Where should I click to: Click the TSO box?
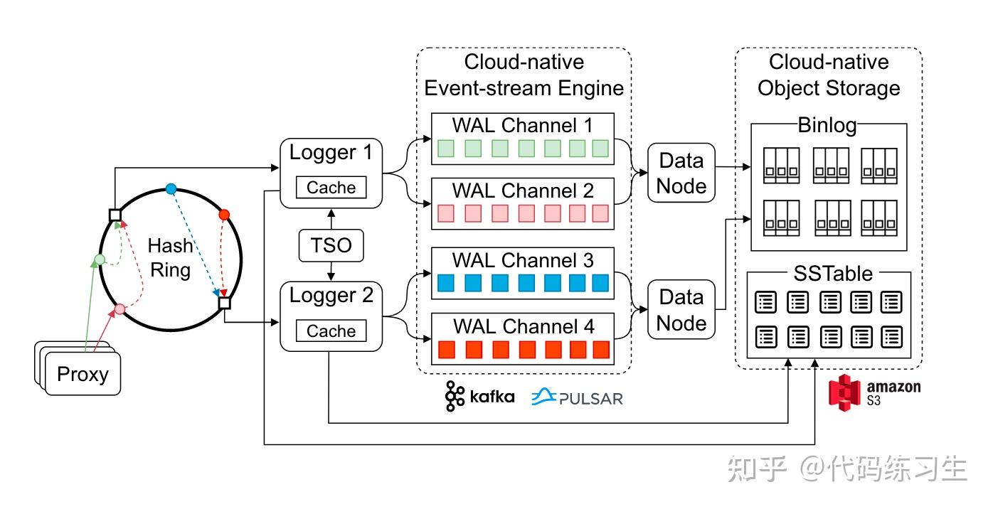tap(331, 246)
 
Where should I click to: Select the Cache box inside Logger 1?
tap(331, 188)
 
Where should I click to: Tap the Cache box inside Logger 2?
tap(331, 331)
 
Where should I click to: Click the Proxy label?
tap(83, 374)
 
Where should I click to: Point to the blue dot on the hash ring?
tap(171, 188)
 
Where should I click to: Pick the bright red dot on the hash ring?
tap(225, 214)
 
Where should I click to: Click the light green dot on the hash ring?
tap(100, 259)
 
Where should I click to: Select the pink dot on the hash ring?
tap(120, 309)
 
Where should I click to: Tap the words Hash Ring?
tap(170, 257)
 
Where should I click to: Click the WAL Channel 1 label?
tap(523, 126)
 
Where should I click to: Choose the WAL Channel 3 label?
tap(523, 259)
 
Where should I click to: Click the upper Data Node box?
tap(681, 173)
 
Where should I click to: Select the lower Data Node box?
tap(681, 310)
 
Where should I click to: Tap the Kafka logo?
tap(480, 396)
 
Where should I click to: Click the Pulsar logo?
tap(577, 397)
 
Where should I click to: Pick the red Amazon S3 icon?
tap(845, 392)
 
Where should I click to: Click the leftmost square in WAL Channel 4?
tap(447, 350)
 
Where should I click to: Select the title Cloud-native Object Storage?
tap(829, 75)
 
